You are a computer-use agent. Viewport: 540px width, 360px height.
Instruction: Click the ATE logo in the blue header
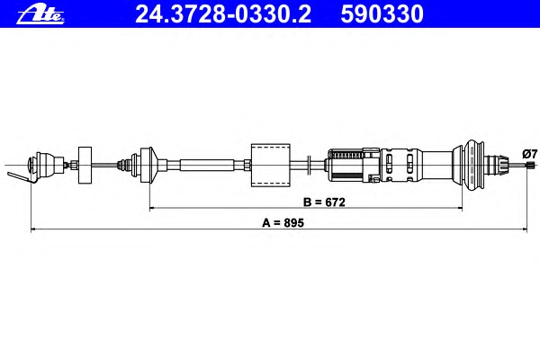tap(40, 14)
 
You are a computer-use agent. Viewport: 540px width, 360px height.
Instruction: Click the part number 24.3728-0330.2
tap(223, 14)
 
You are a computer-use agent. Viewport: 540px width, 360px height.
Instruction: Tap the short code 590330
tap(382, 14)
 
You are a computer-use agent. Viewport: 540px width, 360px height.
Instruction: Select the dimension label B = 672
tap(324, 202)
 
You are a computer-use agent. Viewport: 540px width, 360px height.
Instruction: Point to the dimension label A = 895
tap(283, 223)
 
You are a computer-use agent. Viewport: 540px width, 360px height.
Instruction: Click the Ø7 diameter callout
tap(530, 154)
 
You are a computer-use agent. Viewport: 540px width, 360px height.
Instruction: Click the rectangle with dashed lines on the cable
tap(271, 165)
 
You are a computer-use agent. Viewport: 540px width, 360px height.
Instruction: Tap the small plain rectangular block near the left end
tap(85, 165)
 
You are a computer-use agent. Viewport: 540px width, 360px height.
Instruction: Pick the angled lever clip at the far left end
tap(20, 176)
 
